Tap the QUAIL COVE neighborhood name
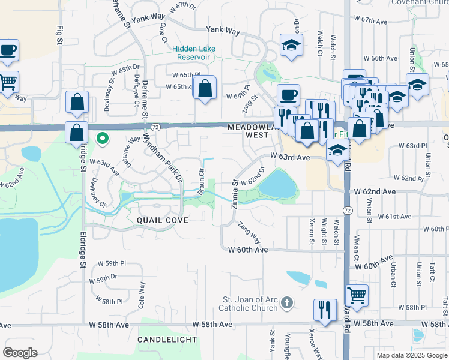click(x=163, y=220)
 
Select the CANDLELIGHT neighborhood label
click(x=167, y=340)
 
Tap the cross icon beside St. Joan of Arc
click(x=287, y=302)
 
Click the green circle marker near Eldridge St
click(x=103, y=139)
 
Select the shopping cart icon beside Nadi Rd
click(x=357, y=295)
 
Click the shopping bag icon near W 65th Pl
click(x=205, y=88)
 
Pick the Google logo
click(x=20, y=353)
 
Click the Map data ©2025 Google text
click(x=412, y=355)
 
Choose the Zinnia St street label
click(x=235, y=193)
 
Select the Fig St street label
click(x=59, y=34)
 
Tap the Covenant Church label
click(x=419, y=2)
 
